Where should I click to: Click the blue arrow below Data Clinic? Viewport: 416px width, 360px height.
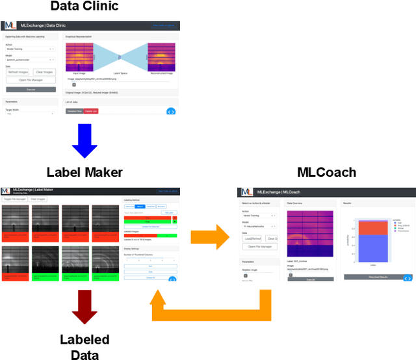(x=84, y=141)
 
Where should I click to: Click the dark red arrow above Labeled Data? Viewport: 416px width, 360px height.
(x=84, y=306)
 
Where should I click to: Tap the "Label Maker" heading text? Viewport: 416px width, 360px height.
(x=84, y=172)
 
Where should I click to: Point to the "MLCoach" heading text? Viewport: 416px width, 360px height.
(x=326, y=172)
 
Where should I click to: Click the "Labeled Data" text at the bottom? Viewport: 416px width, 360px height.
(x=84, y=346)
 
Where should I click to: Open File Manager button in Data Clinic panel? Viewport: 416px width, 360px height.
(x=31, y=80)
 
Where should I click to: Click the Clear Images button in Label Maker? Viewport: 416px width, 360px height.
(x=38, y=199)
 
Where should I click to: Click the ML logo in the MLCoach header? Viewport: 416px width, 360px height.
(x=246, y=192)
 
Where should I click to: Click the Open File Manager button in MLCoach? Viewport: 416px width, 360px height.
(x=260, y=246)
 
